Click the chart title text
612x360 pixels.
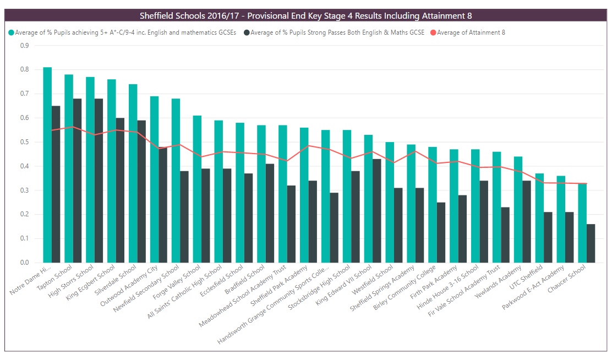click(x=305, y=16)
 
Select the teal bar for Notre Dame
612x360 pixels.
click(x=47, y=165)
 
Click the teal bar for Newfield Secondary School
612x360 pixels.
click(x=176, y=181)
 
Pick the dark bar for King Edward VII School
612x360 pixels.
click(x=376, y=211)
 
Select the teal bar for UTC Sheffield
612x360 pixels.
click(x=539, y=218)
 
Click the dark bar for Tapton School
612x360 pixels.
click(x=77, y=181)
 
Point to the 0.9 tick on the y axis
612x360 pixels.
click(x=25, y=46)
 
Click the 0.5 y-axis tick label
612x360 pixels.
click(x=25, y=142)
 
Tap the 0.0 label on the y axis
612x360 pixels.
click(x=25, y=263)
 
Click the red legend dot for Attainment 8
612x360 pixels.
click(x=433, y=33)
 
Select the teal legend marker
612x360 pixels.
click(x=12, y=33)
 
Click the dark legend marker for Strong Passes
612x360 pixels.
click(x=247, y=33)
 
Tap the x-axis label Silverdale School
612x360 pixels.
click(x=116, y=280)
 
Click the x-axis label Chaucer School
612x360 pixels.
click(x=567, y=279)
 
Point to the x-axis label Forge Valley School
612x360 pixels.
click(x=177, y=282)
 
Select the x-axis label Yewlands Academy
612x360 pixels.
click(x=499, y=282)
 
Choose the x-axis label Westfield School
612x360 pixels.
click(x=373, y=280)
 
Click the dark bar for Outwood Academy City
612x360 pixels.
click(x=163, y=205)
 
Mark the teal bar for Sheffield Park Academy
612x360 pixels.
click(x=304, y=195)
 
